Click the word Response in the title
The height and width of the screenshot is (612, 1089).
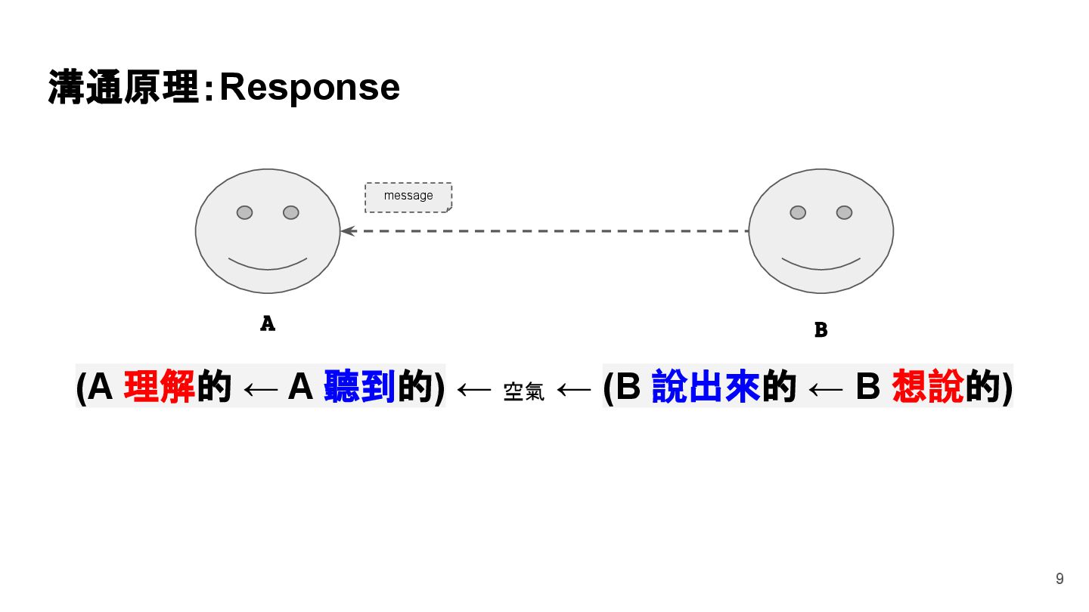pyautogui.click(x=309, y=88)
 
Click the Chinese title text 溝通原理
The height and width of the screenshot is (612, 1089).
pyautogui.click(x=123, y=88)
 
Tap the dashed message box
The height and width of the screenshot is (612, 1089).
pyautogui.click(x=408, y=196)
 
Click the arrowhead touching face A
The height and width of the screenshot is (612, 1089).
pyautogui.click(x=347, y=231)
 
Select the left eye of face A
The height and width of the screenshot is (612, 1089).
pyautogui.click(x=244, y=212)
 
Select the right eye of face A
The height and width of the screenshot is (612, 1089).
pyautogui.click(x=291, y=212)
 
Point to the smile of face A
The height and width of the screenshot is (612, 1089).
pyautogui.click(x=268, y=264)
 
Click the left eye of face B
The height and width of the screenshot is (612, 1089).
pyautogui.click(x=798, y=212)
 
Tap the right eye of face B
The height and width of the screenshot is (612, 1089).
pyautogui.click(x=845, y=212)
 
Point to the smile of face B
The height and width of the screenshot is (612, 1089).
pyautogui.click(x=821, y=264)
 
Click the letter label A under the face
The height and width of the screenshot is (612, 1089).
pyautogui.click(x=268, y=323)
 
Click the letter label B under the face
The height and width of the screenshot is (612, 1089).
pyautogui.click(x=821, y=330)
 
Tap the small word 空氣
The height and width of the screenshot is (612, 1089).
pyautogui.click(x=523, y=391)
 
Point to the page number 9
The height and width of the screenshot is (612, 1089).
pyautogui.click(x=1060, y=579)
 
